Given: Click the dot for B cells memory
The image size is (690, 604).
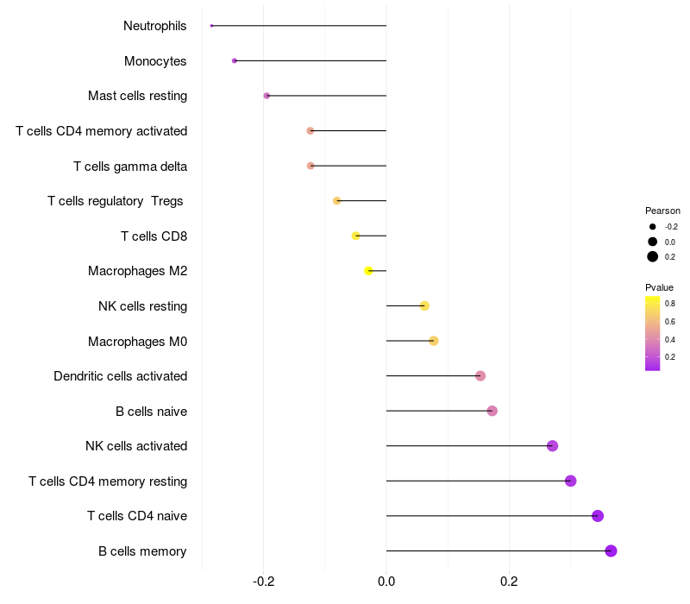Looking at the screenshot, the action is (611, 551).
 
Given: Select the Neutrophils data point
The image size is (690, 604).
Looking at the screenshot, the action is (211, 26).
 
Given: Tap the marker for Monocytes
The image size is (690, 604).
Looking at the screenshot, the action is (234, 60).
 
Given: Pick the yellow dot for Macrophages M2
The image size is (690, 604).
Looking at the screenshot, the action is (369, 271).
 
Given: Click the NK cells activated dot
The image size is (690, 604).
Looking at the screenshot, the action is (552, 446).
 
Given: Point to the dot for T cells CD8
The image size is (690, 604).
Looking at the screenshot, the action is (355, 236).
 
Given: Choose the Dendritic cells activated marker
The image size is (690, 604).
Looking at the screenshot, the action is (480, 376).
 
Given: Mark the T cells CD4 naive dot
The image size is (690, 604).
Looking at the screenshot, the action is (597, 516).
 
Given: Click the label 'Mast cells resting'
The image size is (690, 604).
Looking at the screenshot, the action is (137, 96).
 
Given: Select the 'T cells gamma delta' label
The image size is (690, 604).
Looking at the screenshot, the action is (130, 167).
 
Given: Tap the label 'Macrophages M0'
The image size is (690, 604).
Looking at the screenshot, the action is (137, 342).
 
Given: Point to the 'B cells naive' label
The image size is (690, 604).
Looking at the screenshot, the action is (152, 412).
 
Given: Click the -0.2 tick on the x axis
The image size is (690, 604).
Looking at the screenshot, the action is (264, 582).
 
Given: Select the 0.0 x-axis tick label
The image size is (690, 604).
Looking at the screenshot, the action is (386, 582).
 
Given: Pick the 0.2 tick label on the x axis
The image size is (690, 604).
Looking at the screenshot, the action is (509, 582).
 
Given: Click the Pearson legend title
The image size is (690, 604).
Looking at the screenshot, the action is (662, 211).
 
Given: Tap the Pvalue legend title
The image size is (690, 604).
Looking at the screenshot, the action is (659, 287).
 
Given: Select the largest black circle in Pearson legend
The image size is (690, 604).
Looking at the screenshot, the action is (653, 256).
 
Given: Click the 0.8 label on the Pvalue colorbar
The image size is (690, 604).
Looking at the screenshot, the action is (670, 304).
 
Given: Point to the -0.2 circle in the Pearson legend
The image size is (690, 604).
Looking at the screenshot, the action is (653, 227).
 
